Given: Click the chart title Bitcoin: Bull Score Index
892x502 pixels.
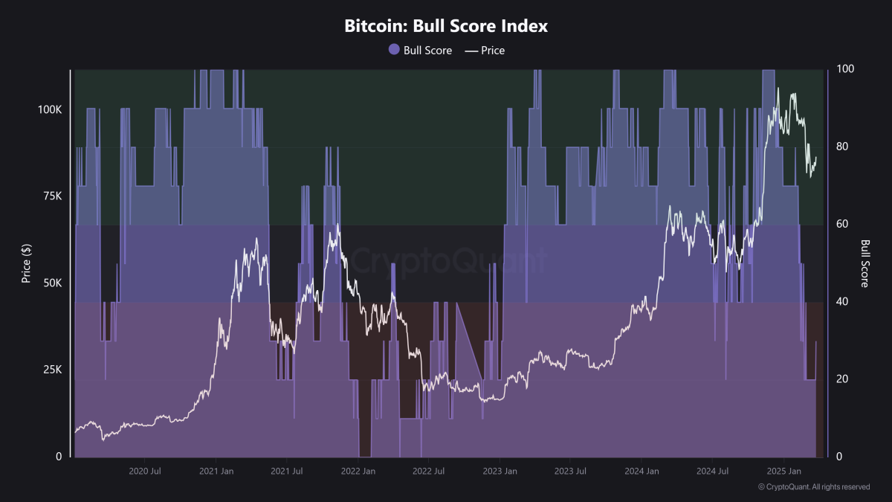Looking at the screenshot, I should (446, 26).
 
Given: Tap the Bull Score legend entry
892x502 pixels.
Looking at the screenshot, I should (420, 51).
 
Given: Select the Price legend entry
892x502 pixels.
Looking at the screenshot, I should (485, 51).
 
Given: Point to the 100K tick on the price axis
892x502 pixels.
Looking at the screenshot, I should (51, 109).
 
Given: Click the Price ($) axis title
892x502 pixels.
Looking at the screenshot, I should (26, 262).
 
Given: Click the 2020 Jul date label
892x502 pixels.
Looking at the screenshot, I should (145, 472).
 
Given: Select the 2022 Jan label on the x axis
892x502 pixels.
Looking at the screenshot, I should (358, 472).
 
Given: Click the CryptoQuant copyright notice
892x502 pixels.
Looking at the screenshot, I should (813, 487).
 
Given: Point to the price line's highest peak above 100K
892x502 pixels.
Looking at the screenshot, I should (778, 89).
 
